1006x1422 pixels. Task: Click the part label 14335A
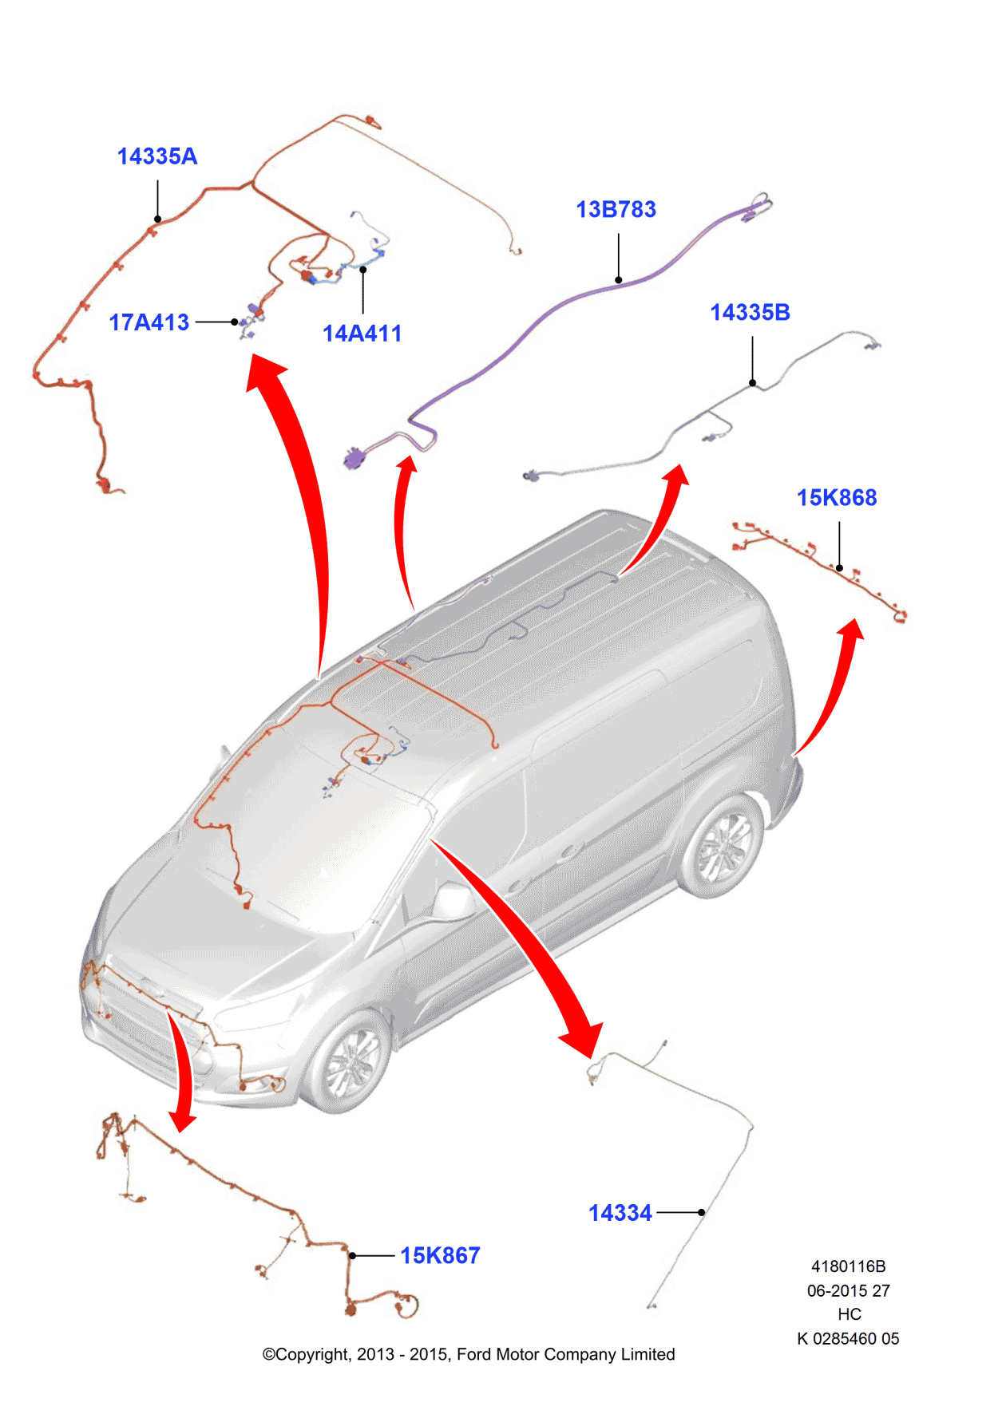(x=157, y=156)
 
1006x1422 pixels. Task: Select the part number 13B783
(x=616, y=210)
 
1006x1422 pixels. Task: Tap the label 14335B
(x=750, y=313)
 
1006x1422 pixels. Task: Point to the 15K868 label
(x=836, y=498)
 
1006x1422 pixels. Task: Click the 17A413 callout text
(x=149, y=322)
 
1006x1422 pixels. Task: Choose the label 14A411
(x=362, y=334)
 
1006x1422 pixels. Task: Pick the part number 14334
(x=620, y=1213)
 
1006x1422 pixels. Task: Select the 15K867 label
(x=440, y=1255)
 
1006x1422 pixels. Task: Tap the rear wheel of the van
(x=723, y=846)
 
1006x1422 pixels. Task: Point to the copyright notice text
(x=469, y=1354)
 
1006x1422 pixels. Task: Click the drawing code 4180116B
(x=848, y=1266)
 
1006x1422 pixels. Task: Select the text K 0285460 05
(x=848, y=1338)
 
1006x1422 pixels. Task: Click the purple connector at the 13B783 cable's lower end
(x=354, y=459)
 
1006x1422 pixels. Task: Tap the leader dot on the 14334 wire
(x=701, y=1212)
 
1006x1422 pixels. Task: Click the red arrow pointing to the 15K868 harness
(x=834, y=686)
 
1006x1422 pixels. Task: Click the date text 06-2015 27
(x=848, y=1290)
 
